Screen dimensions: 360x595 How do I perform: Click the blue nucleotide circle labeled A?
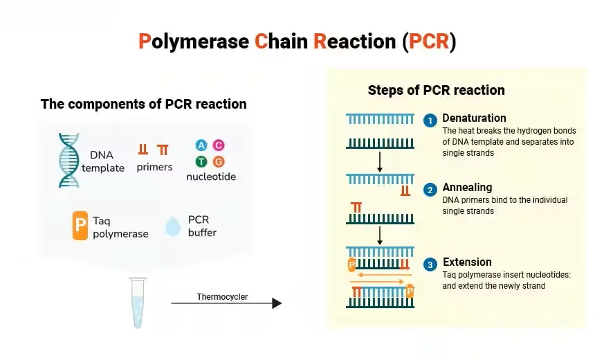tap(201, 145)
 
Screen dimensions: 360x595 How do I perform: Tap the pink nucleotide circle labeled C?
tap(219, 145)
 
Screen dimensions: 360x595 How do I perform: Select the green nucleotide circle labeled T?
tap(201, 162)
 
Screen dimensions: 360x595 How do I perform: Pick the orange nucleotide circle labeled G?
tap(219, 162)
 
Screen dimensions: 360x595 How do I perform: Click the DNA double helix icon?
tap(68, 160)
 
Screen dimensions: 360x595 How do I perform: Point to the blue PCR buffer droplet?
tap(172, 226)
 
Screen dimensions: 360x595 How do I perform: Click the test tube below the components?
tap(138, 302)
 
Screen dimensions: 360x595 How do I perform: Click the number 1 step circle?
tap(430, 120)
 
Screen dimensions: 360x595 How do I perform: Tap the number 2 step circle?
tap(430, 190)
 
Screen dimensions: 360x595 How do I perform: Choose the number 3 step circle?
tap(430, 264)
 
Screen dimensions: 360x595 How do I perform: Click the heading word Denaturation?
tap(474, 118)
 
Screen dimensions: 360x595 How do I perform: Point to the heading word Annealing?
tap(467, 187)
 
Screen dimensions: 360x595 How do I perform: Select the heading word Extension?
tap(467, 262)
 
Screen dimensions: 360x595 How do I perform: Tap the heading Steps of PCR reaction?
tap(436, 90)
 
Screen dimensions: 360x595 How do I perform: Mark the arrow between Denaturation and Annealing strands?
tap(380, 161)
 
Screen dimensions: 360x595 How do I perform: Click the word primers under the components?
tap(154, 167)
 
